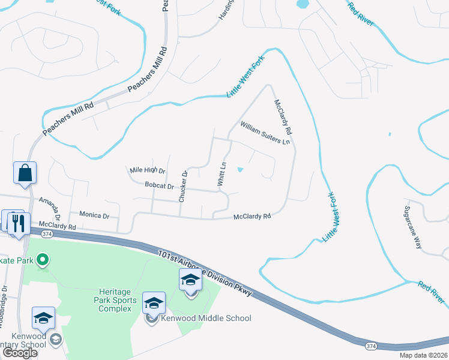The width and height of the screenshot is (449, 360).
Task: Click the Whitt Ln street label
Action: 222,173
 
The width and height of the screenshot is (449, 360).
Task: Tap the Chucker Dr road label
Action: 183,186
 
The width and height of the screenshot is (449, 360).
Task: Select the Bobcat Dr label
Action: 159,186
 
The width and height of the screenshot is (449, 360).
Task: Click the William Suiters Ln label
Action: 265,133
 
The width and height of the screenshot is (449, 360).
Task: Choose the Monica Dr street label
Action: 95,215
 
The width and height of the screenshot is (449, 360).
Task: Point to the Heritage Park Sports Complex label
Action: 115,300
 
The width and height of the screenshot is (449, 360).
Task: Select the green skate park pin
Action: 42,260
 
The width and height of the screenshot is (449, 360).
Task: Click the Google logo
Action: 20,353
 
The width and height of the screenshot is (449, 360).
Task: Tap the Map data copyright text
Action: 423,355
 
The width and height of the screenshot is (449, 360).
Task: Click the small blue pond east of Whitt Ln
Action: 241,169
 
